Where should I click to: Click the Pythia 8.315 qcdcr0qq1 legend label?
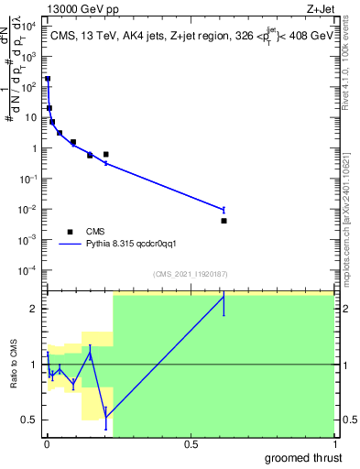pyautogui.click(x=136, y=245)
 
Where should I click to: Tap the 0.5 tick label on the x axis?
pyautogui.click(x=191, y=444)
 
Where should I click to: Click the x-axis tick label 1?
pyautogui.click(x=334, y=444)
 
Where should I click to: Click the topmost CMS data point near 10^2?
pyautogui.click(x=48, y=80)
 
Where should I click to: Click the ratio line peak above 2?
pyautogui.click(x=224, y=297)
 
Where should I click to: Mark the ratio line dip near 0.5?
pyautogui.click(x=106, y=417)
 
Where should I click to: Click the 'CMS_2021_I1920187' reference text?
pyautogui.click(x=190, y=274)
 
